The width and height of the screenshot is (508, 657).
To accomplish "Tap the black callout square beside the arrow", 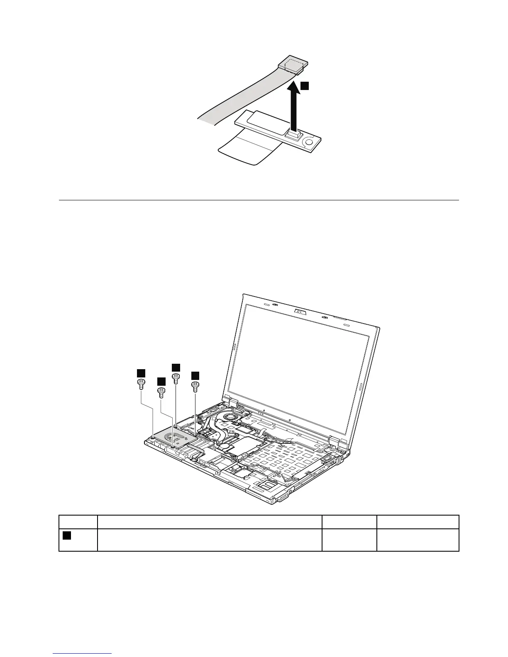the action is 305,85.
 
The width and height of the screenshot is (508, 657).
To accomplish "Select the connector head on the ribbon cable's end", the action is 293,64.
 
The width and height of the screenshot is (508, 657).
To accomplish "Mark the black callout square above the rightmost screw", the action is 195,375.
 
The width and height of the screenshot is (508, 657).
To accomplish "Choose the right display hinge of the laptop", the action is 335,440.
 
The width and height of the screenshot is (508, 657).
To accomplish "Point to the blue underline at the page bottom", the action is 83,654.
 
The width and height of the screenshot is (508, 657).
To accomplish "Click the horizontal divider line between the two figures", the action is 259,200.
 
